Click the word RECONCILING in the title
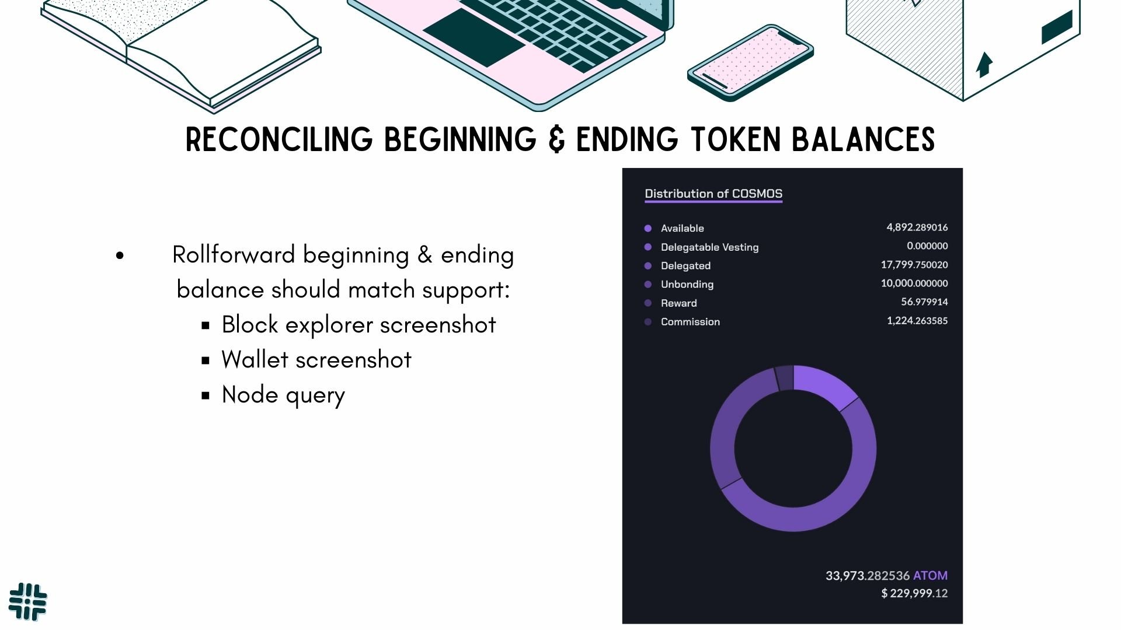click(278, 140)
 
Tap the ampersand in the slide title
click(556, 140)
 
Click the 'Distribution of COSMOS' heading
click(713, 194)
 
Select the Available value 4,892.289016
click(917, 228)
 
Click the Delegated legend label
click(685, 266)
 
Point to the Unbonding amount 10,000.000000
click(914, 283)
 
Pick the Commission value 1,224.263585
click(917, 321)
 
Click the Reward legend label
click(678, 303)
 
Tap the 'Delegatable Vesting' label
click(709, 247)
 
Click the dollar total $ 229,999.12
click(914, 593)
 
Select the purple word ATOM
click(930, 576)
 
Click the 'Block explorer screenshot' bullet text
click(358, 325)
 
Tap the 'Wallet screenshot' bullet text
click(316, 360)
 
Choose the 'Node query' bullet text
click(283, 395)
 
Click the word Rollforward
click(234, 255)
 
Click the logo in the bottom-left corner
click(28, 601)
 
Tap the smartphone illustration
click(750, 61)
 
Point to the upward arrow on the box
click(984, 64)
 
